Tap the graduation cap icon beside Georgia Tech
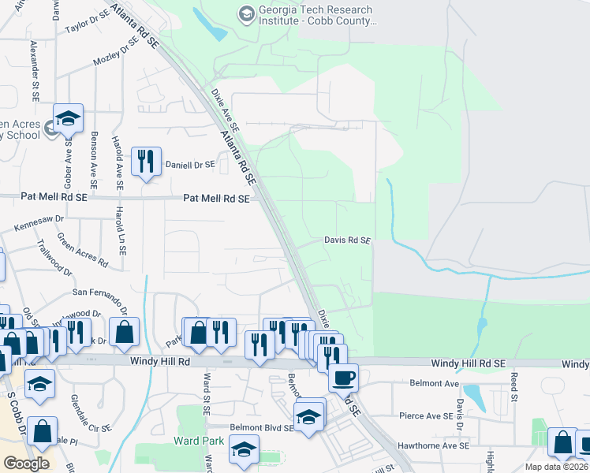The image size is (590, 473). [247, 14]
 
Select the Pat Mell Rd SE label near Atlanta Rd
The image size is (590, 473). [216, 199]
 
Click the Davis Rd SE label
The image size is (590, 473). [347, 240]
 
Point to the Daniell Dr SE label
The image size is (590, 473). [190, 165]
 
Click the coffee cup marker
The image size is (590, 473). [343, 378]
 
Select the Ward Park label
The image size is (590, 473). [197, 439]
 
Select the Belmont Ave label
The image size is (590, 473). [434, 383]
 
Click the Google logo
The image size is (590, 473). [26, 464]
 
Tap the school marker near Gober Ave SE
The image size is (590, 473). [69, 118]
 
